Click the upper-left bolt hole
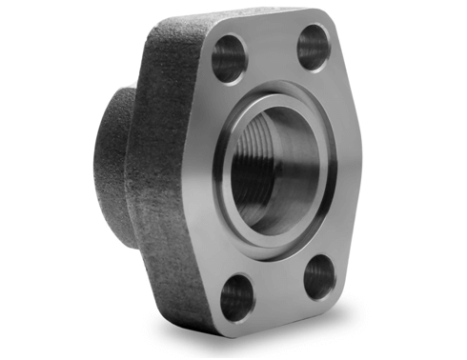(x=229, y=58)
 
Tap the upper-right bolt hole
(x=314, y=48)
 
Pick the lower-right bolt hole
(x=320, y=277)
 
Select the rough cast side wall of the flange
(x=176, y=190)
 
